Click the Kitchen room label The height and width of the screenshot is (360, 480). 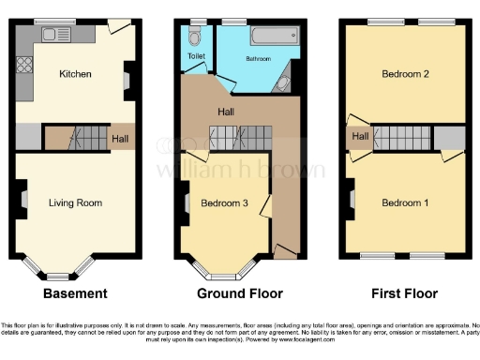[x=74, y=74]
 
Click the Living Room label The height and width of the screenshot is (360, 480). [x=75, y=202]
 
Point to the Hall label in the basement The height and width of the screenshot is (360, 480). [x=121, y=140]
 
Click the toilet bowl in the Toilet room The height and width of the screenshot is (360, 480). [x=195, y=37]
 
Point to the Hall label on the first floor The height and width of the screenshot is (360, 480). [x=360, y=138]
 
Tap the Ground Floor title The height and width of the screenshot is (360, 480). [x=240, y=293]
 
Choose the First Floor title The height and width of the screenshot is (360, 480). [x=403, y=293]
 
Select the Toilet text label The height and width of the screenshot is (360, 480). [x=195, y=56]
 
